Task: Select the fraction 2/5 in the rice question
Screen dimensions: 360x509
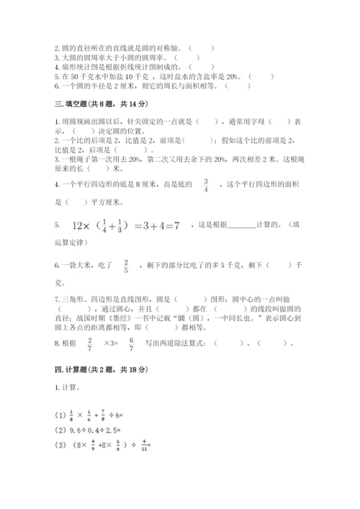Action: [x=125, y=266]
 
